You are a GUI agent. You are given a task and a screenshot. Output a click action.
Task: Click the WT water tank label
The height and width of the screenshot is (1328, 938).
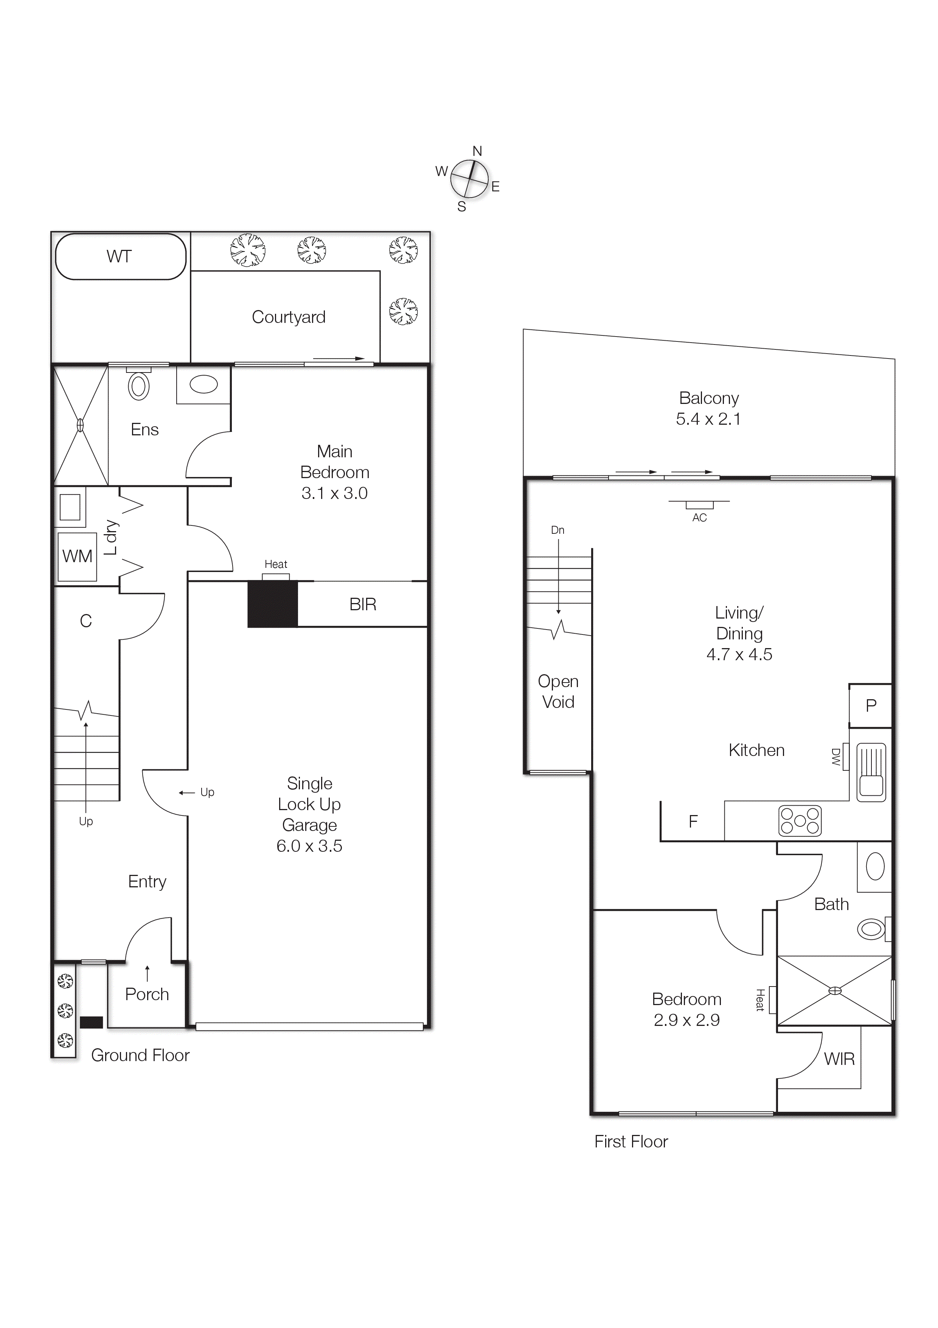click(119, 256)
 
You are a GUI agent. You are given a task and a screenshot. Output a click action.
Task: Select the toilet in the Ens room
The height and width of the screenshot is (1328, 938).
click(139, 386)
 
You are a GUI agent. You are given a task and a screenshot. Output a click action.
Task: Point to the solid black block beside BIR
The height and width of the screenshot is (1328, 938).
click(272, 604)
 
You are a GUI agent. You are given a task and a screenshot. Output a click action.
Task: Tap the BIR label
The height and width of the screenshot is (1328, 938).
click(362, 605)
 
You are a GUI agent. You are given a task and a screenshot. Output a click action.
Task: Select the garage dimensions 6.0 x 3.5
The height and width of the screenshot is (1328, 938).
click(309, 846)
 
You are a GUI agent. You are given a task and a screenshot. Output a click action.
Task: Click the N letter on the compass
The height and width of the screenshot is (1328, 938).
click(477, 151)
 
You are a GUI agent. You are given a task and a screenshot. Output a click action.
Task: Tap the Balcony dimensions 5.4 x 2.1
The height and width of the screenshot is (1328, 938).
click(708, 419)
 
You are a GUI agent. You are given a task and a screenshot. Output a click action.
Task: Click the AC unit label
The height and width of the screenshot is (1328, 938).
click(699, 517)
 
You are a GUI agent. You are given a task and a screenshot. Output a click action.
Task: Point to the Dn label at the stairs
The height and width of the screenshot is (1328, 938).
click(557, 530)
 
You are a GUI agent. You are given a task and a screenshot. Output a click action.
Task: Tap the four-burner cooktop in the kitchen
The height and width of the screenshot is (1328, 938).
click(800, 821)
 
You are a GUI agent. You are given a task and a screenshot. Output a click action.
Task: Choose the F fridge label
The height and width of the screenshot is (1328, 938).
click(693, 821)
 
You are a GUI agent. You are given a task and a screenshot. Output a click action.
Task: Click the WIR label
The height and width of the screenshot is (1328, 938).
click(839, 1059)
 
